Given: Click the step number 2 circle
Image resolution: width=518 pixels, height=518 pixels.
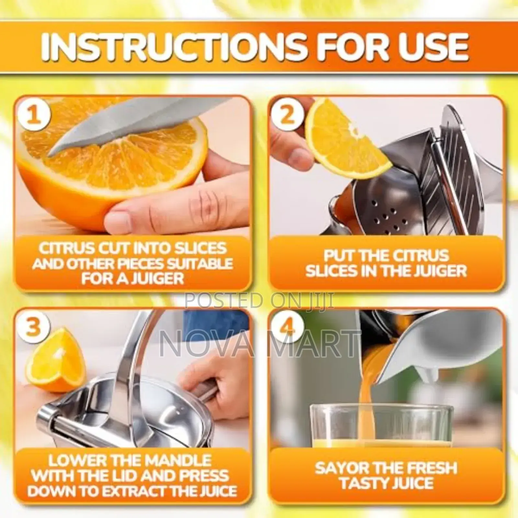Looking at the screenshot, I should (287, 116).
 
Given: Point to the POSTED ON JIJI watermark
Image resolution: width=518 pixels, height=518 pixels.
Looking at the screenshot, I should (259, 300).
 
